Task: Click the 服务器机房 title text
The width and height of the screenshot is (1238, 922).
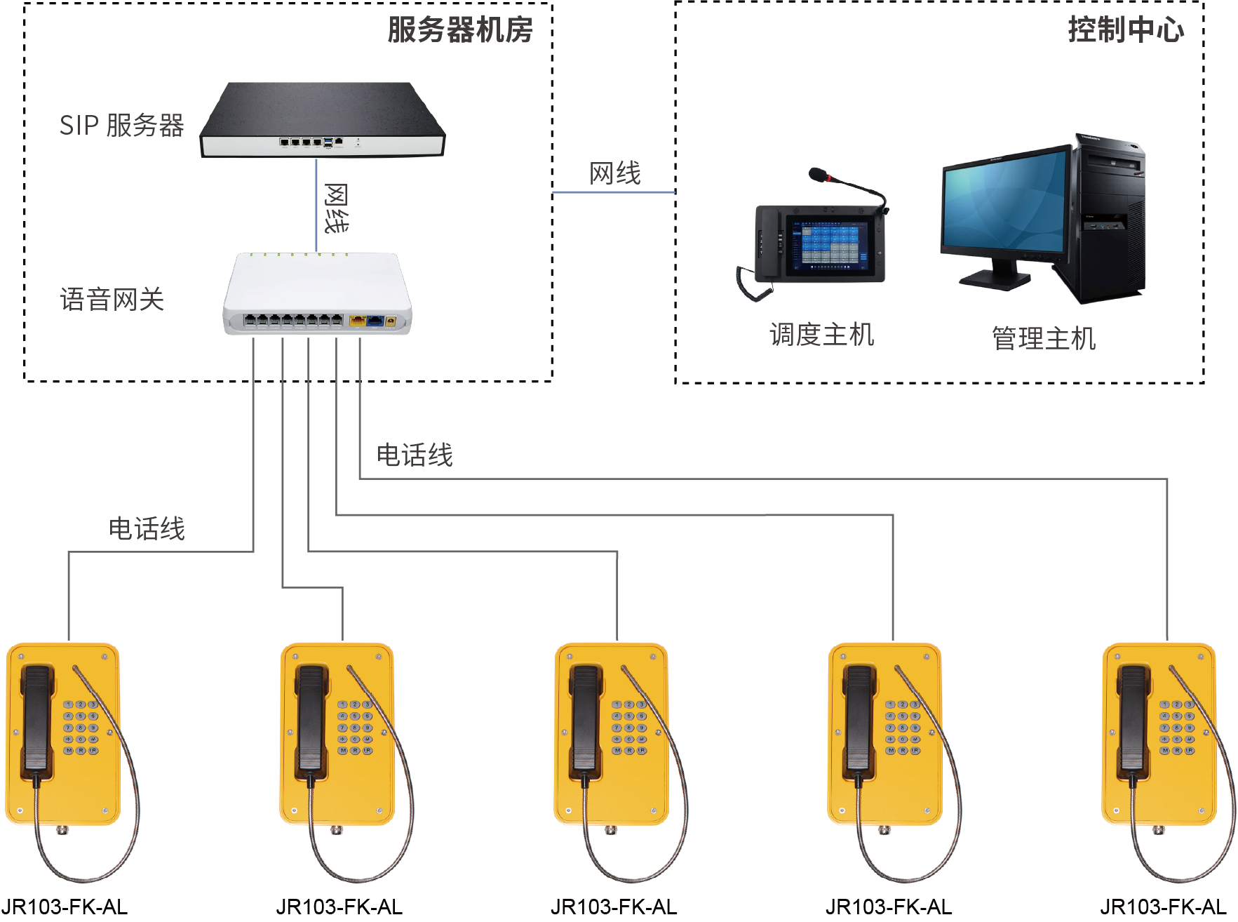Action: (x=459, y=30)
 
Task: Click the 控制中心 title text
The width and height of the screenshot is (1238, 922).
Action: (x=1126, y=30)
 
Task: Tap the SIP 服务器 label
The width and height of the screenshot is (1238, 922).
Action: (x=121, y=126)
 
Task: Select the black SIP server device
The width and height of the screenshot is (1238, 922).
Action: (x=323, y=119)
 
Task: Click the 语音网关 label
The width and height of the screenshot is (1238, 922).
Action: (x=112, y=300)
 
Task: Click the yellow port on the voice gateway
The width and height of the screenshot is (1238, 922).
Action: (x=357, y=321)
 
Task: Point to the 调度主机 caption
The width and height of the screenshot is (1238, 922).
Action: (x=821, y=335)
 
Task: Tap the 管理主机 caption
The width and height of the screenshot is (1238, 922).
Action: (x=1044, y=338)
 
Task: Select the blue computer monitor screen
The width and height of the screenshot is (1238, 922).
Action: (x=1004, y=203)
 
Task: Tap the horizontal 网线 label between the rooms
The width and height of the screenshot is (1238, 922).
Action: (x=615, y=173)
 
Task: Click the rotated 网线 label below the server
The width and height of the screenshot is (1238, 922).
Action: (x=336, y=208)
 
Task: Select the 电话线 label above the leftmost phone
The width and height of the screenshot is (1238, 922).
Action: (x=147, y=528)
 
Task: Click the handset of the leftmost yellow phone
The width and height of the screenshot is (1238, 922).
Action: (x=36, y=719)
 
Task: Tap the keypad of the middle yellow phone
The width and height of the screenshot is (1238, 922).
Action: (x=629, y=727)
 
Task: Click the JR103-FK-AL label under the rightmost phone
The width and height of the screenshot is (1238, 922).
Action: (x=1163, y=907)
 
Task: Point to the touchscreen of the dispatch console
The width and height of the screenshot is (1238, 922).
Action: (x=830, y=243)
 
